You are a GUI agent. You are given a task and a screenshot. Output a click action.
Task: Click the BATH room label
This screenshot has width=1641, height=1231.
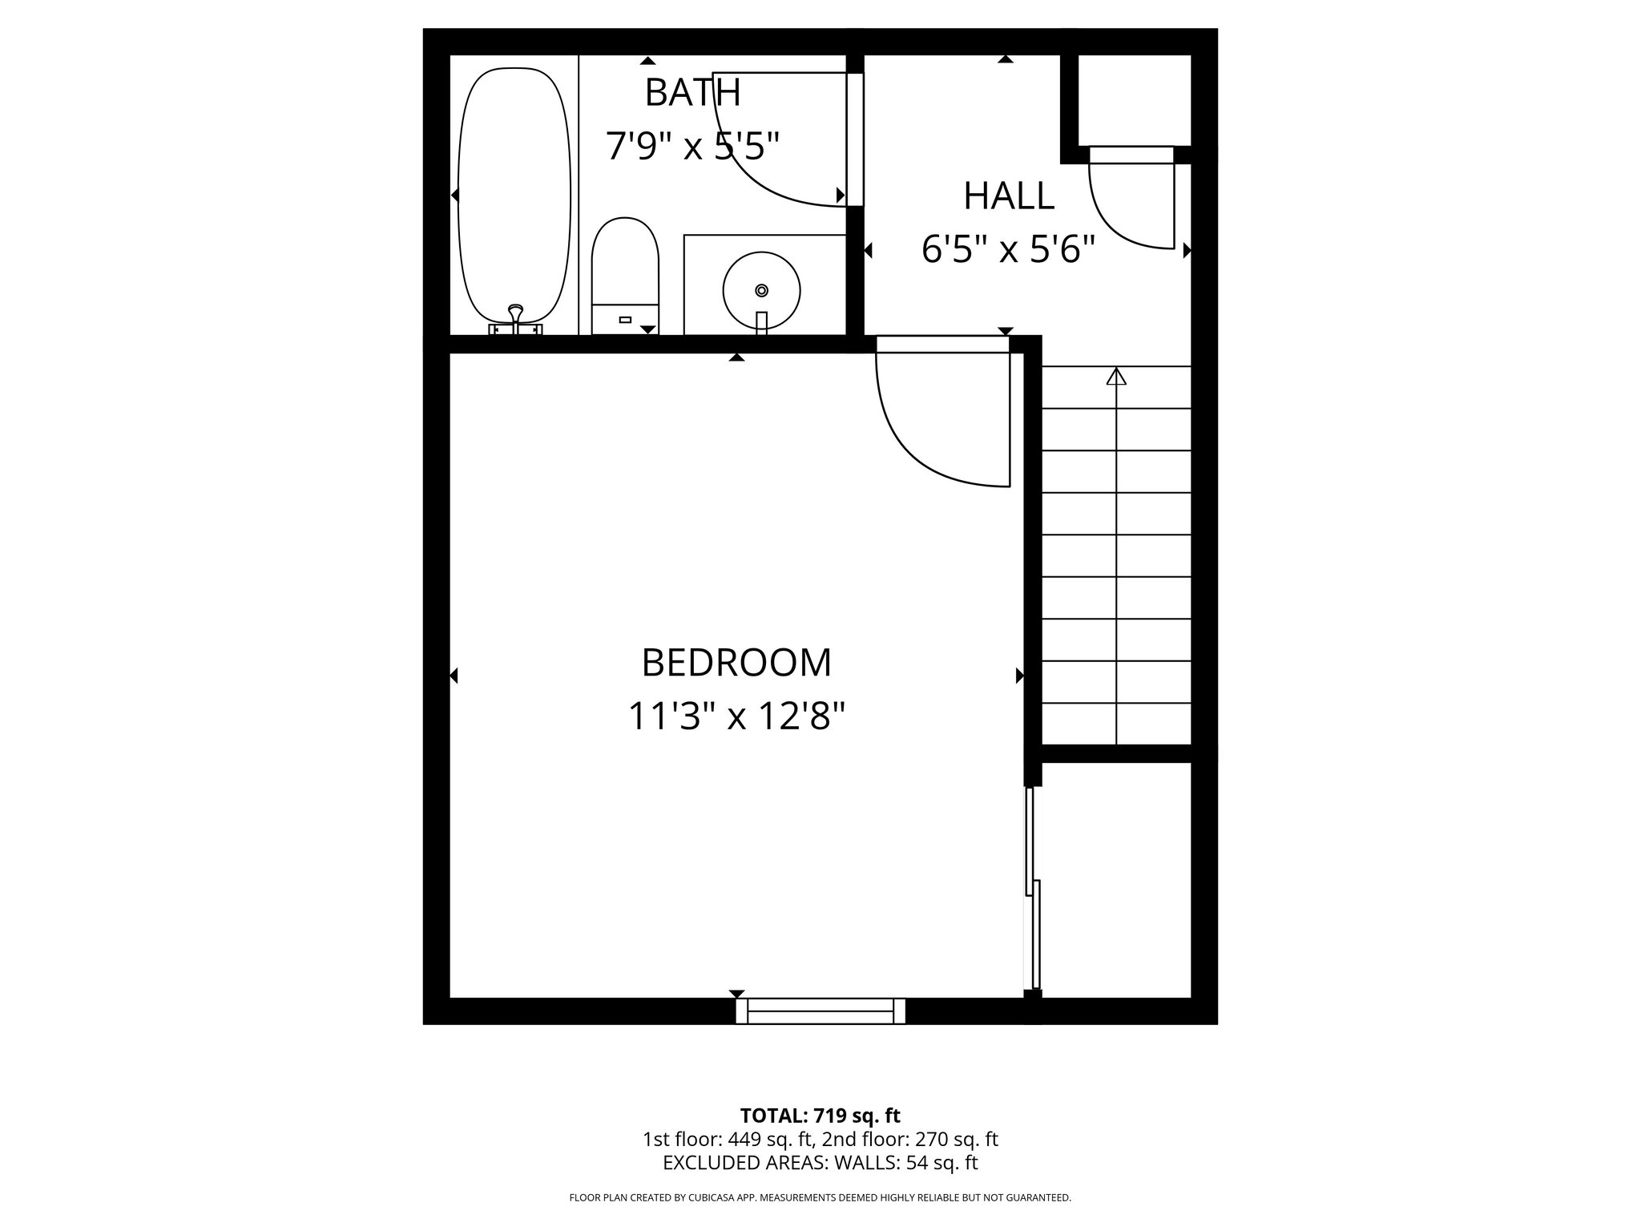pos(692,92)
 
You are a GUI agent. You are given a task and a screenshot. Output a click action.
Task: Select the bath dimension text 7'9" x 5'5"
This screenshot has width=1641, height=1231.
pos(692,147)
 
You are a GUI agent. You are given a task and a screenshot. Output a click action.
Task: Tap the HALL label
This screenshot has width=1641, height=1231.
pos(1008,196)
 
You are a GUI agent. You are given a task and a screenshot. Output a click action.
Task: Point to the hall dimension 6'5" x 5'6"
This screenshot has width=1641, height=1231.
pos(1008,250)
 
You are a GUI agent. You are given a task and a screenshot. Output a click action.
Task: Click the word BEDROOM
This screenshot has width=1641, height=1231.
pos(736,663)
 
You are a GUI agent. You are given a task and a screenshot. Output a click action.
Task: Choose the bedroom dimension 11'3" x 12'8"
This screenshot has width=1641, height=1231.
pos(736,716)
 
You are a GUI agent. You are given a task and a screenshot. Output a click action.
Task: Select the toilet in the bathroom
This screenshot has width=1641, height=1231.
pos(625,272)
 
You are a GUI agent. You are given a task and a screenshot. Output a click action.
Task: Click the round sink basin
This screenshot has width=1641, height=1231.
pos(761,290)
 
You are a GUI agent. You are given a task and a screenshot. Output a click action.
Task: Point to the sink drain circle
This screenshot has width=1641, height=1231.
pos(761,289)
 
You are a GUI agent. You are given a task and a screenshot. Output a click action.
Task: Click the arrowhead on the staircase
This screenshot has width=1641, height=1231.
pos(1116,376)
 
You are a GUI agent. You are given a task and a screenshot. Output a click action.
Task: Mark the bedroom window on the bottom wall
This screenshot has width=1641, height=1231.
pos(820,1011)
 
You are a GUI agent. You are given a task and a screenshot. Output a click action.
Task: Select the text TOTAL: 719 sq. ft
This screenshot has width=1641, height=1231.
pos(820,1116)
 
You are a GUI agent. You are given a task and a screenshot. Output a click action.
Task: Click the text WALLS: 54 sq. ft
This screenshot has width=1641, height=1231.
pos(906,1162)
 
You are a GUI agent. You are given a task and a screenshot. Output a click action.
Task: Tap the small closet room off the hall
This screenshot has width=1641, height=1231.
pos(1134,100)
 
